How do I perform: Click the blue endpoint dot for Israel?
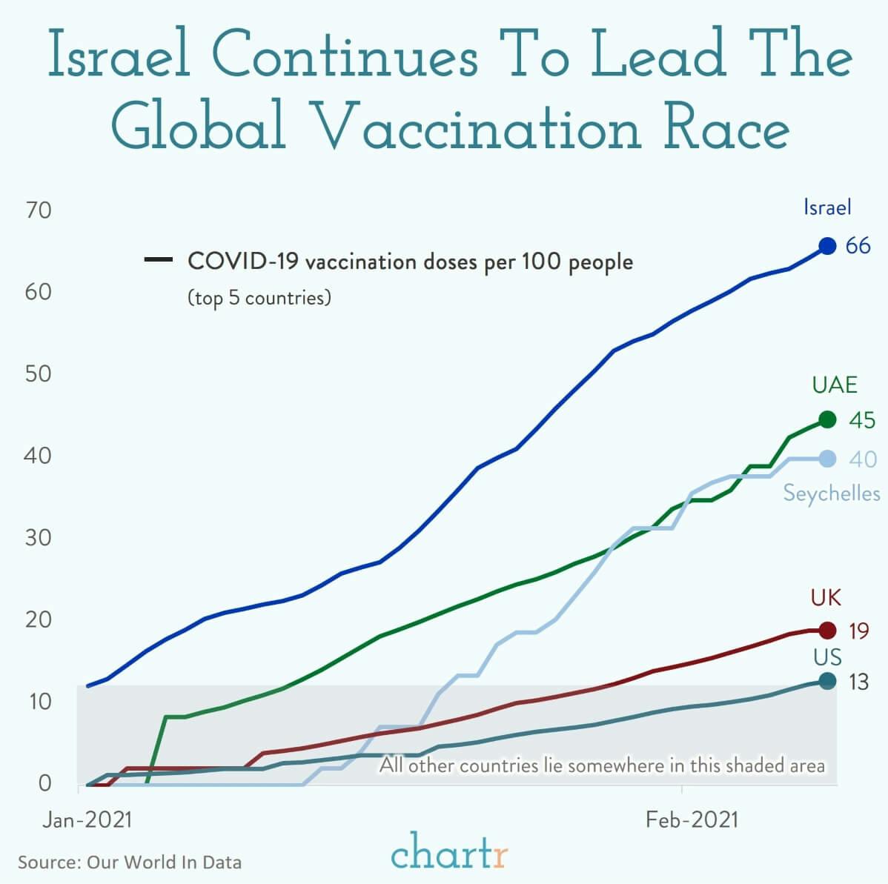point(827,245)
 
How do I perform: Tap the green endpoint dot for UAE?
point(827,420)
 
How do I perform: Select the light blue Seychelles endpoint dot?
point(827,459)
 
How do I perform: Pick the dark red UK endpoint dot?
point(827,631)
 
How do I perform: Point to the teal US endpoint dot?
point(827,681)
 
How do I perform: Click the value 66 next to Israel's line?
point(858,245)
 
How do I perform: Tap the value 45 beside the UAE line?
point(861,420)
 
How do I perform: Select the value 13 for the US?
point(858,682)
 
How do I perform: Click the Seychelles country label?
point(832,493)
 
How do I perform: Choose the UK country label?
point(826,597)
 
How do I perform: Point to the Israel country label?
point(827,207)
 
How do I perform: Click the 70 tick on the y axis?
point(39,210)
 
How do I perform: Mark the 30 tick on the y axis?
point(39,537)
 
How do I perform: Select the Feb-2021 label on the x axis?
point(692,820)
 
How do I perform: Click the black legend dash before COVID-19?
point(159,261)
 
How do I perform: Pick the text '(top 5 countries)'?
point(259,298)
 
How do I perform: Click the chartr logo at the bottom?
point(449,852)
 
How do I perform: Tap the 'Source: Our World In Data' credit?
point(130,863)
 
